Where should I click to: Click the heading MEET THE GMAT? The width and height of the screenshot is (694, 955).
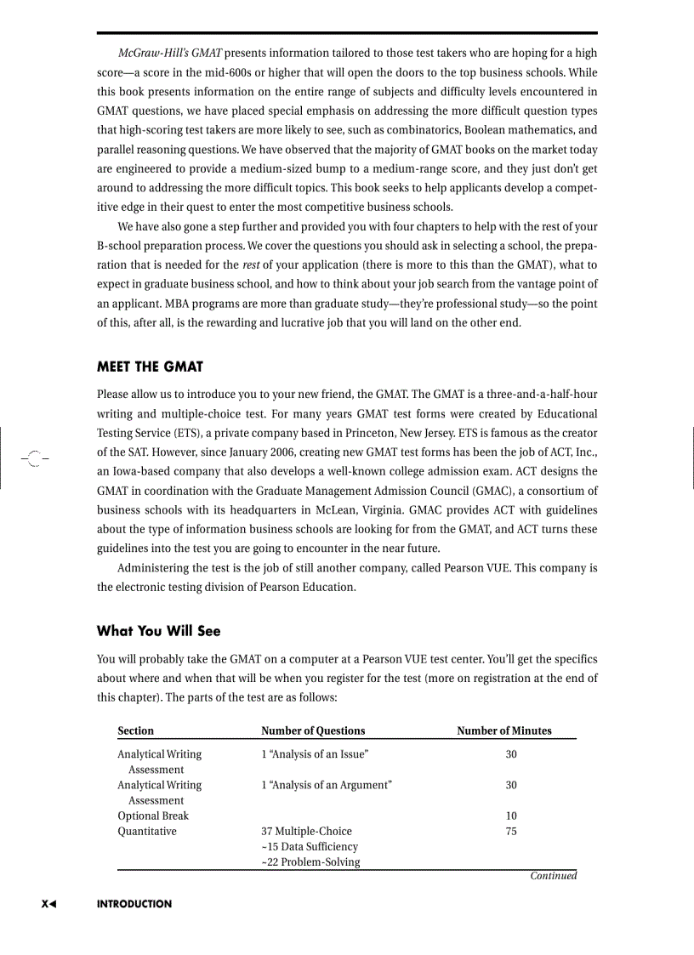150,367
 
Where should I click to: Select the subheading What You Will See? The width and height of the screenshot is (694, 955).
158,630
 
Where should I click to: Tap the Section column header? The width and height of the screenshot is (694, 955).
136,730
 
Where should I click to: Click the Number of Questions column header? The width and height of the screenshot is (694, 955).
313,730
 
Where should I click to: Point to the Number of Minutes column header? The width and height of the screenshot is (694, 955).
504,730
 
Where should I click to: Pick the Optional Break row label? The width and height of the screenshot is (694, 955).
153,816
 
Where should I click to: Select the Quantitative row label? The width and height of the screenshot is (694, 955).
147,831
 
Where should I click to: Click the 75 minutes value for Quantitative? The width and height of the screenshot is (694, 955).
511,831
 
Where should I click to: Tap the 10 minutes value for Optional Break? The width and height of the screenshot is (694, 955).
511,816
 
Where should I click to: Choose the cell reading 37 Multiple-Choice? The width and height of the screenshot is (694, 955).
306,831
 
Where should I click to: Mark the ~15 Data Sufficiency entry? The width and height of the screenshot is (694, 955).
310,846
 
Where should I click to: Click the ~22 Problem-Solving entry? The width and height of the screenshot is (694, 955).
310,862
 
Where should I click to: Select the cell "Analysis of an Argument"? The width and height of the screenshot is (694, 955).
327,785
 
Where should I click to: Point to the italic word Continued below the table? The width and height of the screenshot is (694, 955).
553,876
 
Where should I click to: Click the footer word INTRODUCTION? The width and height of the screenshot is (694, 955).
134,904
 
